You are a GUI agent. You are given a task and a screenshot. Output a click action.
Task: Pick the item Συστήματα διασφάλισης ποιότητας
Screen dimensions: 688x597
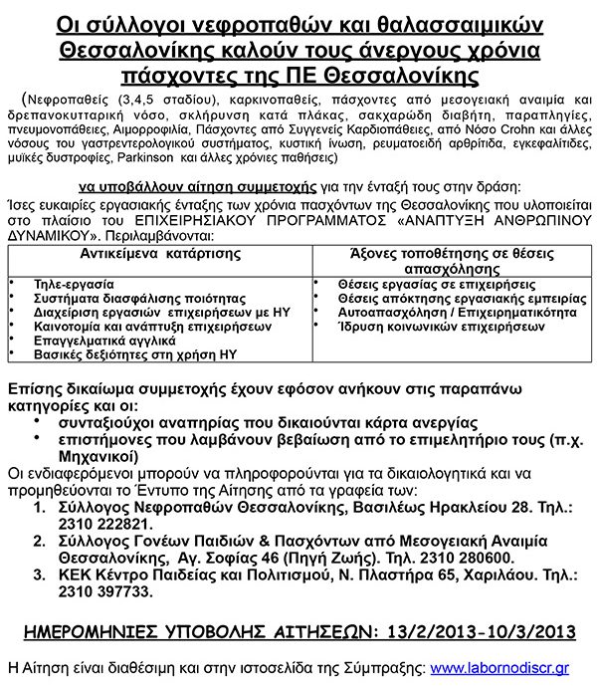[x=125, y=298]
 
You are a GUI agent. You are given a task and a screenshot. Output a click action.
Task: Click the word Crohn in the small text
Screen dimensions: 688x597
[x=483, y=129]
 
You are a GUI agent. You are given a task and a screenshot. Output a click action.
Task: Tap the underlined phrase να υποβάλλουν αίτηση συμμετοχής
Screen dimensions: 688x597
[x=191, y=186]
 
